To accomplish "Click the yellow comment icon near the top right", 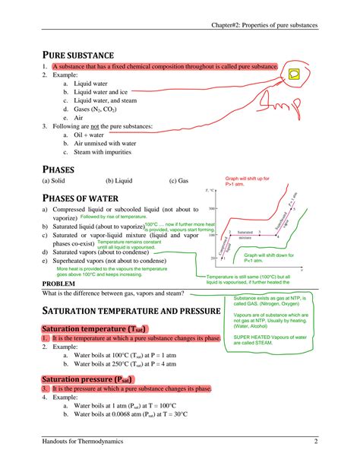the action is [293, 74].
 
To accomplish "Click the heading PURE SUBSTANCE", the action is [77, 55].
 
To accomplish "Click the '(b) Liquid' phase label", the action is [119, 181].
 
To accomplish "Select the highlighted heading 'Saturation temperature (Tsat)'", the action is [84, 328].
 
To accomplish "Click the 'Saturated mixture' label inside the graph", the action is [245, 234].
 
